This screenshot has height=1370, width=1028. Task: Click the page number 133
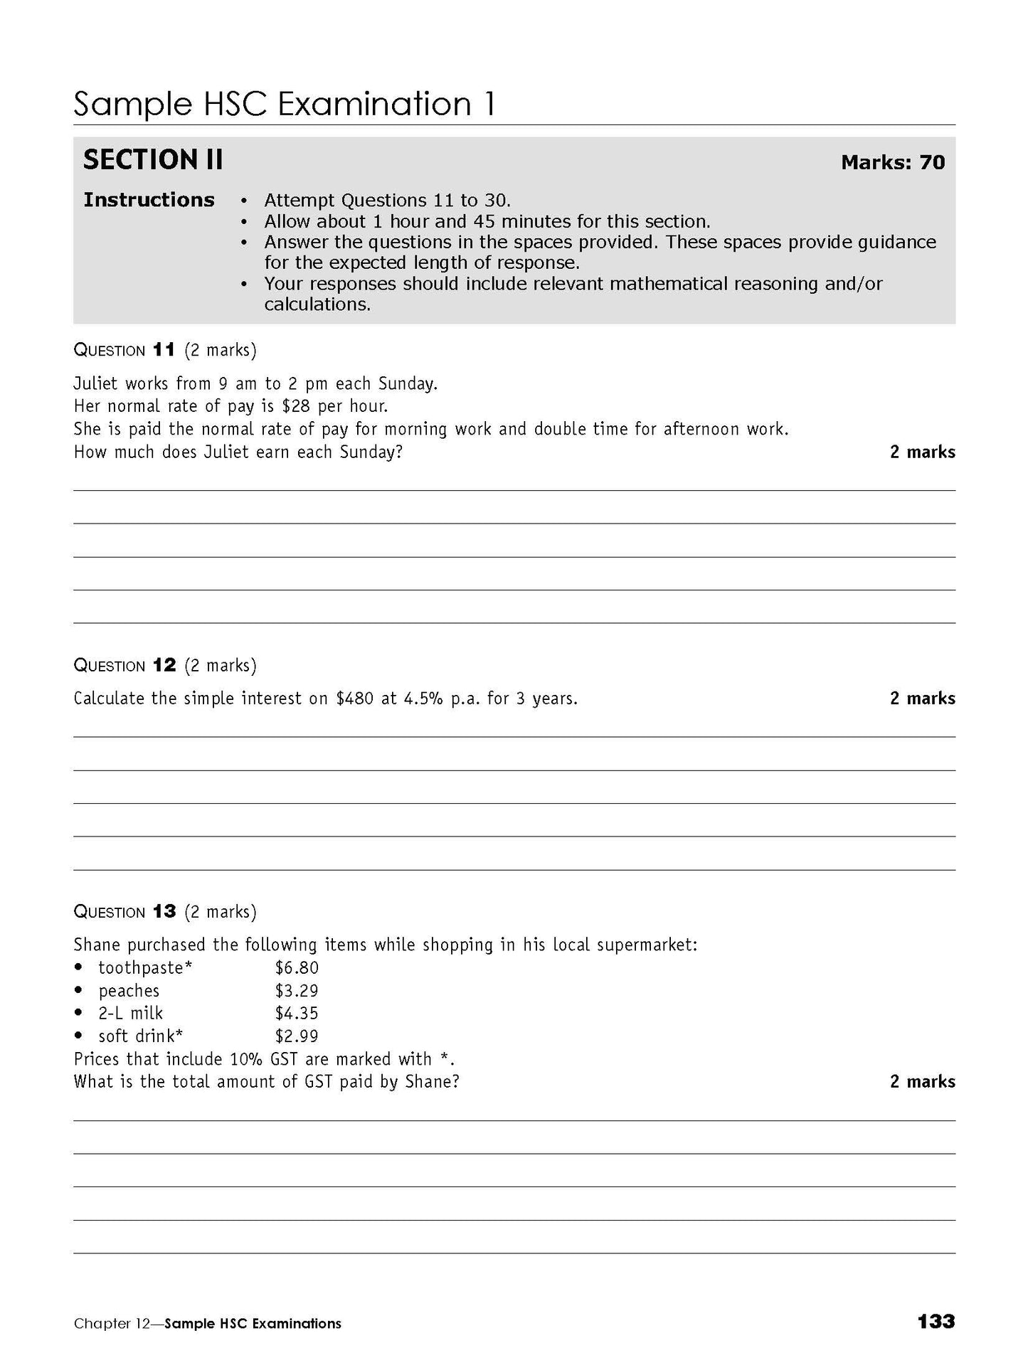tap(936, 1322)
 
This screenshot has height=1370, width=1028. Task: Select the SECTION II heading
tap(153, 160)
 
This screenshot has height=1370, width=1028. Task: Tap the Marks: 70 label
tap(893, 163)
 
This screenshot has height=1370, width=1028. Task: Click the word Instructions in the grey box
tap(149, 200)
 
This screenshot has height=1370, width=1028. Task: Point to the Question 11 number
tap(164, 350)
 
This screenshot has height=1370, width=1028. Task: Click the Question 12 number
tap(164, 666)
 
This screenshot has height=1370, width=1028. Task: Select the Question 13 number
tap(164, 912)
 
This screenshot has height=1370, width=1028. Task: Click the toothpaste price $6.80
tap(297, 968)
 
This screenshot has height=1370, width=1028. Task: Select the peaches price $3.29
tap(297, 991)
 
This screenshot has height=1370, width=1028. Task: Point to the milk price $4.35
tap(297, 1014)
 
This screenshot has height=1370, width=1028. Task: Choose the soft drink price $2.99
tap(297, 1036)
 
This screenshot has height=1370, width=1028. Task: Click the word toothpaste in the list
tap(141, 968)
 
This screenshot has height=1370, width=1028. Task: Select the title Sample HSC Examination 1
tap(284, 105)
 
